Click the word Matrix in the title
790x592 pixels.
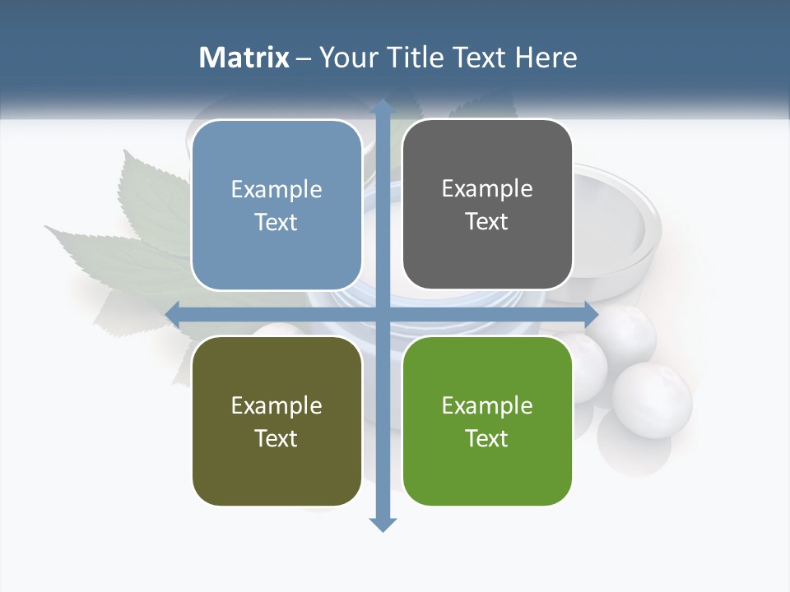244,58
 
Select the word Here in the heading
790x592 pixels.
546,58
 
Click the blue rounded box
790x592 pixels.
276,255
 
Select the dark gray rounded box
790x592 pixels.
487,255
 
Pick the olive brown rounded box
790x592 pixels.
276,473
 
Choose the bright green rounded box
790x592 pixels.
487,473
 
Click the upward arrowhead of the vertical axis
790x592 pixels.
383,107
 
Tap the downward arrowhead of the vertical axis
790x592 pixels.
383,524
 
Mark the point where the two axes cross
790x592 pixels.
383,314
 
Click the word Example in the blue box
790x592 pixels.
276,190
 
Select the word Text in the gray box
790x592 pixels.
487,222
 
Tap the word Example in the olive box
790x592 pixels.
276,406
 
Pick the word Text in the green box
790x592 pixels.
487,438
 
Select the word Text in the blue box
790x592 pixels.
276,223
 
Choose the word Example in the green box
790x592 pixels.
487,406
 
